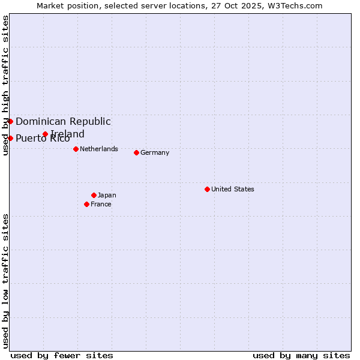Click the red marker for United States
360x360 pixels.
207,189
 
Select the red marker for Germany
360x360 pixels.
136,152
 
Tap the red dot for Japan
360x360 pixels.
94,195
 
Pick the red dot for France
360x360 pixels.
86,204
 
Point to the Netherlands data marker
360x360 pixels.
76,149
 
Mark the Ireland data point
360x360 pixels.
45,134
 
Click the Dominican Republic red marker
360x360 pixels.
10,121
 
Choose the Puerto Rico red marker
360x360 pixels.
10,138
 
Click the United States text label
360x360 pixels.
233,189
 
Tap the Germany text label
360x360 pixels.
155,152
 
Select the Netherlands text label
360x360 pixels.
99,149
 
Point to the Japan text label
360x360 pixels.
107,195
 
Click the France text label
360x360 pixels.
101,204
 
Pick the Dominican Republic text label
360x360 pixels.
63,121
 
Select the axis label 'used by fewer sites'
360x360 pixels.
62,355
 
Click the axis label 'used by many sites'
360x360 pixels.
301,355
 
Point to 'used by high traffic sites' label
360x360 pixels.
5,85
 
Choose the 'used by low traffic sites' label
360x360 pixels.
5,281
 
